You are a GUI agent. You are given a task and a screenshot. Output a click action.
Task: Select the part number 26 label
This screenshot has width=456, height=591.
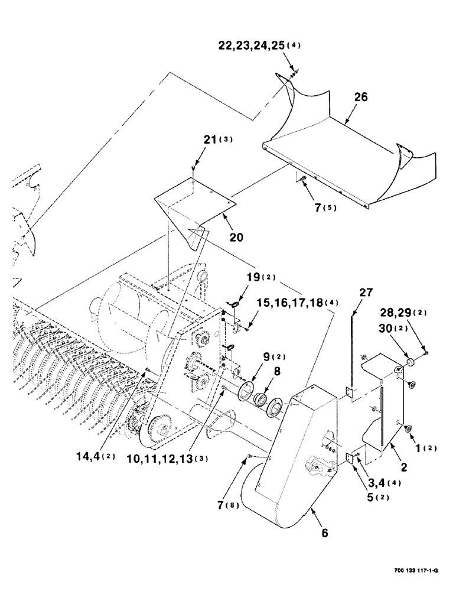pyautogui.click(x=360, y=98)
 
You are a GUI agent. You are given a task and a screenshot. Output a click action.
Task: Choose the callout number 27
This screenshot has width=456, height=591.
pyautogui.click(x=365, y=292)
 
